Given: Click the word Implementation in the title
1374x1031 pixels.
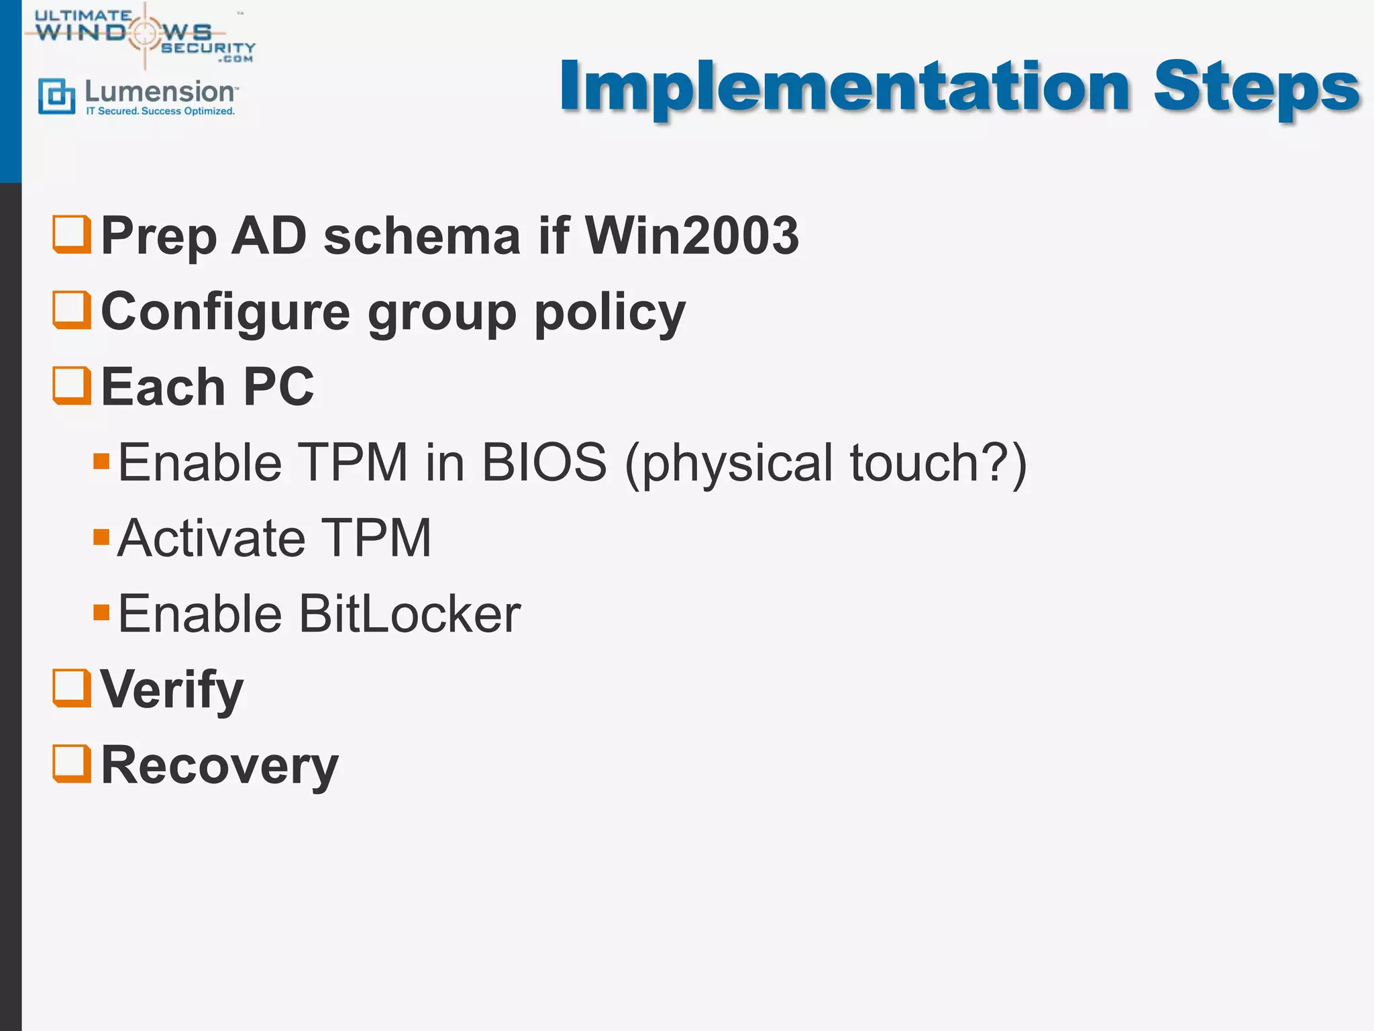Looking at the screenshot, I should point(845,87).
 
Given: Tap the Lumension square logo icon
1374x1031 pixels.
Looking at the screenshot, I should point(56,96).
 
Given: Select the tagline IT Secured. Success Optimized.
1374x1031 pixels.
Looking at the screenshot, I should point(160,111).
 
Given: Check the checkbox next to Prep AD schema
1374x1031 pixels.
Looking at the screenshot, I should point(72,234).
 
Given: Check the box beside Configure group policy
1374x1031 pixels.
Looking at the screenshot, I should point(72,310).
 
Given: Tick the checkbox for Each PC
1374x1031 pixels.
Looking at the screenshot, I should point(72,386).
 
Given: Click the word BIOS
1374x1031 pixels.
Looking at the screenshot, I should point(544,463).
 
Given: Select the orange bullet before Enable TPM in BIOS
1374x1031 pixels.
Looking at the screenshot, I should point(101,461).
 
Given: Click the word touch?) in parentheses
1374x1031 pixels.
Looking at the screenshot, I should point(938,463).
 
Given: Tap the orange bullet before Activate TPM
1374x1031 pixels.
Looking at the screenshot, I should point(101,537).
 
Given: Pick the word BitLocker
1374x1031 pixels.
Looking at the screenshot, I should point(409,614).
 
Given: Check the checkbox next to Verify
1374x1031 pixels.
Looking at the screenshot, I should point(72,688).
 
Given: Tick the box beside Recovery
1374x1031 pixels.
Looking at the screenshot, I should point(72,764).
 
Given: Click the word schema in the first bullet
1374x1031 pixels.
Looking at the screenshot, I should point(422,236).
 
